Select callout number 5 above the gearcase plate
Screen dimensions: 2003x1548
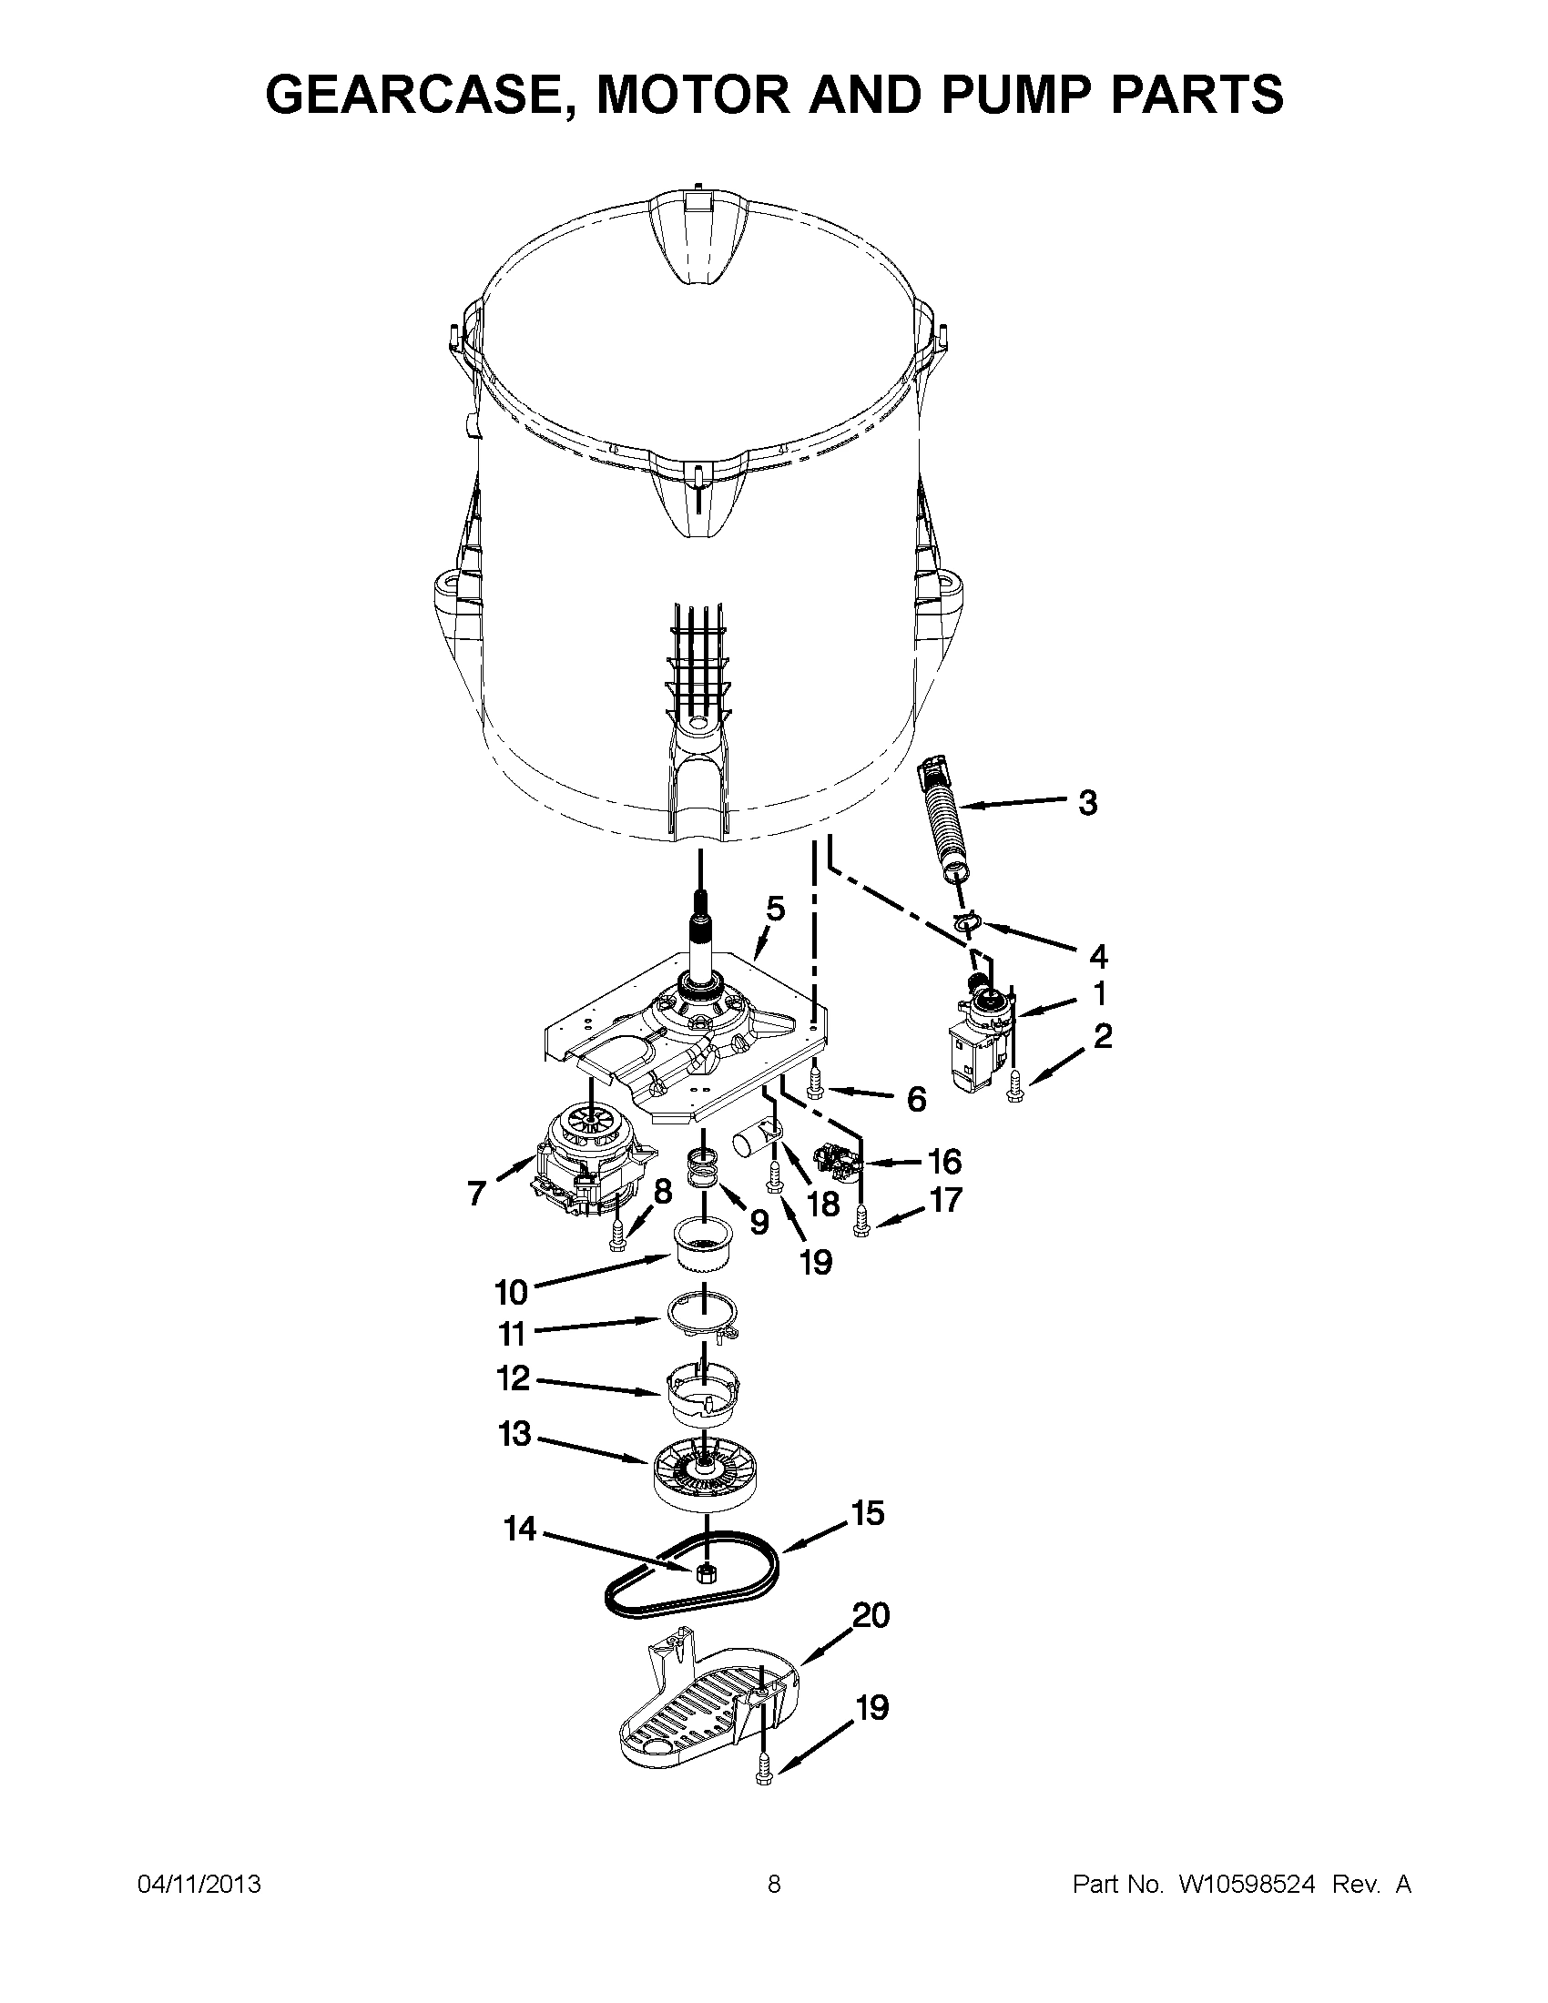click(776, 910)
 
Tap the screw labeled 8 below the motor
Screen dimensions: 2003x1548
click(617, 1237)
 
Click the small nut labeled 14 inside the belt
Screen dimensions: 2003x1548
click(706, 1575)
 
